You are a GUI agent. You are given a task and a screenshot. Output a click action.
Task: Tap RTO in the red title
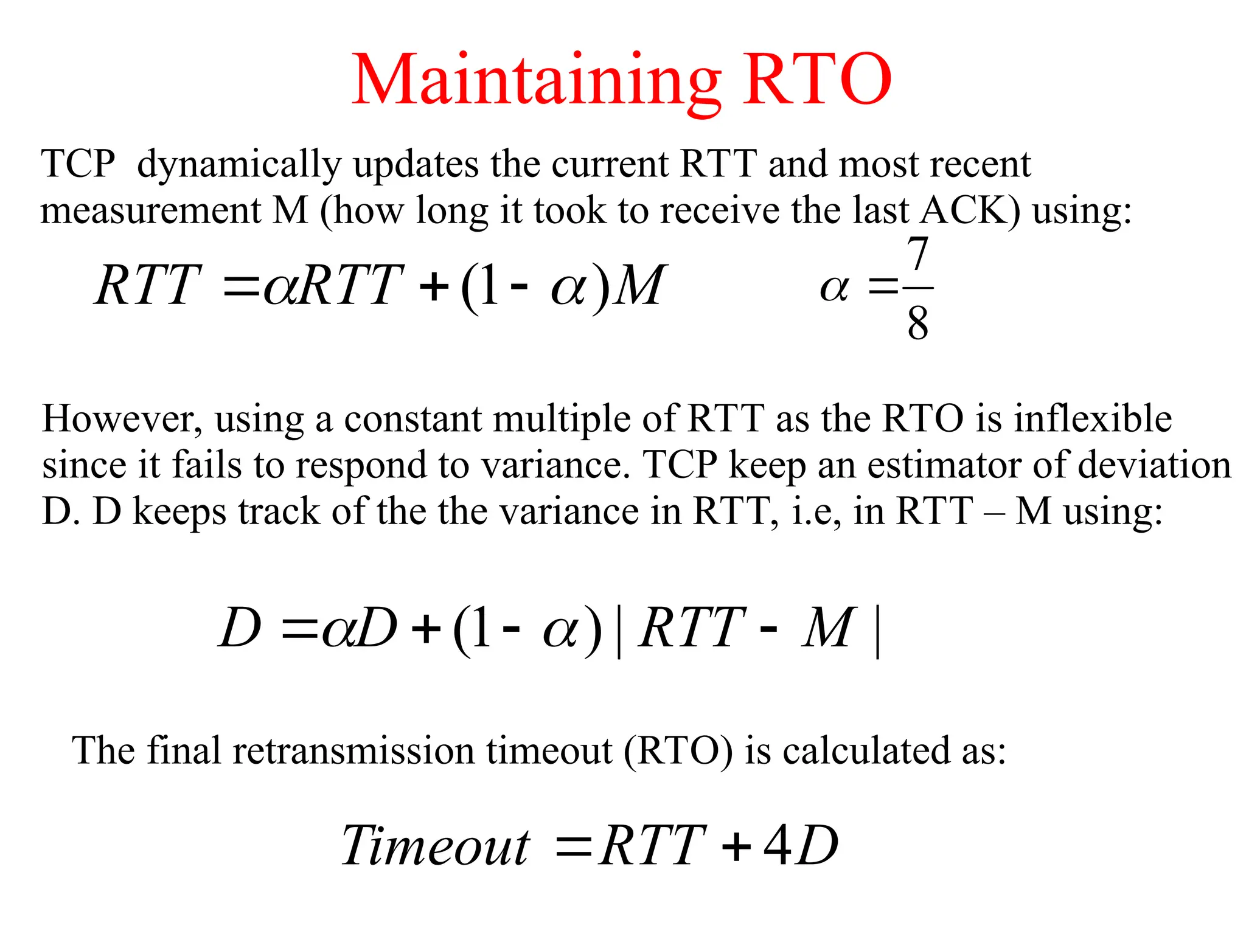click(816, 80)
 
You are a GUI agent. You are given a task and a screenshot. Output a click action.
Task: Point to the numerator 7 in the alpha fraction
click(917, 254)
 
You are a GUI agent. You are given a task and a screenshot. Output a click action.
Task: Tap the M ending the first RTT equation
click(640, 286)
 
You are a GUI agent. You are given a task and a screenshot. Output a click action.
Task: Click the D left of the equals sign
click(240, 628)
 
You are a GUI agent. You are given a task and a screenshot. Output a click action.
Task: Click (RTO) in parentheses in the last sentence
click(678, 751)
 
